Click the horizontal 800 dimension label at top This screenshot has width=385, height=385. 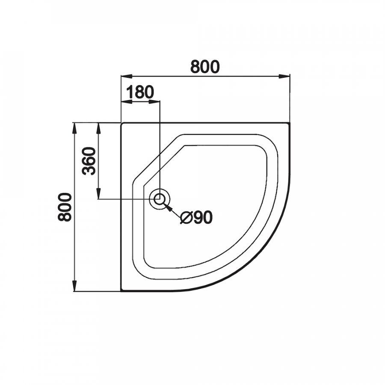coord(205,67)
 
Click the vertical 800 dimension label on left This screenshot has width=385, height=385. coord(65,207)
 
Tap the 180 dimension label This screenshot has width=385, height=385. coord(140,92)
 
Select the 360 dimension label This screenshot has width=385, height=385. coord(89,161)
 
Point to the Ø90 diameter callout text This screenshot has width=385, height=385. coord(196,217)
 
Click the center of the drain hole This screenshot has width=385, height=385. coord(160,199)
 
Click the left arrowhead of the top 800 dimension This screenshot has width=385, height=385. coord(127,77)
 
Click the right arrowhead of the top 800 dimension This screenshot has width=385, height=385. coord(284,77)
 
